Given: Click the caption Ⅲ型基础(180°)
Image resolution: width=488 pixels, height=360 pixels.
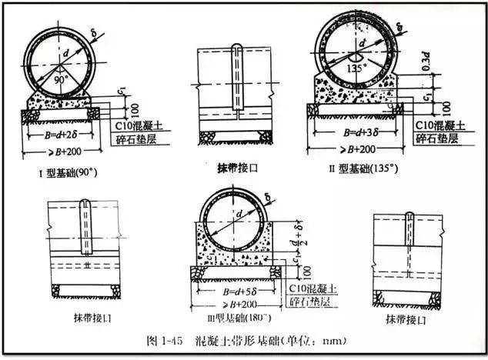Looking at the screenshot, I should [232, 318].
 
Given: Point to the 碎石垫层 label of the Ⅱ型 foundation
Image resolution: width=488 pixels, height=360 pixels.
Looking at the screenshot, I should [440, 138].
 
